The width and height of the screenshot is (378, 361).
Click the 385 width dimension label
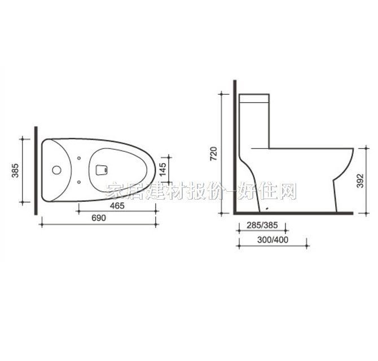pyautogui.click(x=15, y=170)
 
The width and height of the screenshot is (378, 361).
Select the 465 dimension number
pyautogui.click(x=117, y=206)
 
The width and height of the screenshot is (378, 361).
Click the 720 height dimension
pyautogui.click(x=213, y=153)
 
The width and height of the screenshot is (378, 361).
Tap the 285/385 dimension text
pyautogui.click(x=262, y=226)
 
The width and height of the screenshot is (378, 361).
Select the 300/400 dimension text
pyautogui.click(x=272, y=239)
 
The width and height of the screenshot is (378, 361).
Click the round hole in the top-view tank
pyautogui.click(x=56, y=169)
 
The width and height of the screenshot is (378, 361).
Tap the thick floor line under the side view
pyautogui.click(x=293, y=214)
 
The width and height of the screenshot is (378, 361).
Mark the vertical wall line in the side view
pyautogui.click(x=232, y=147)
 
